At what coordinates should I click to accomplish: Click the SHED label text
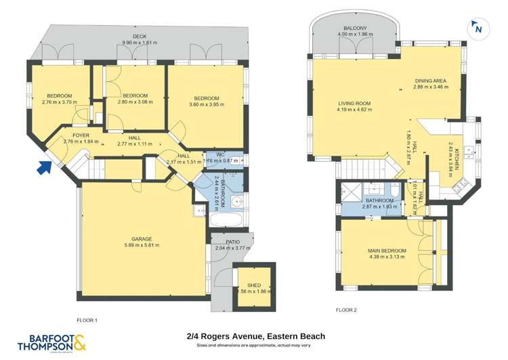pos(253,285)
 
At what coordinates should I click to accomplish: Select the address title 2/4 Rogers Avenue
pos(256,336)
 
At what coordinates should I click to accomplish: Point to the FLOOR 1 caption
pos(87,319)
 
